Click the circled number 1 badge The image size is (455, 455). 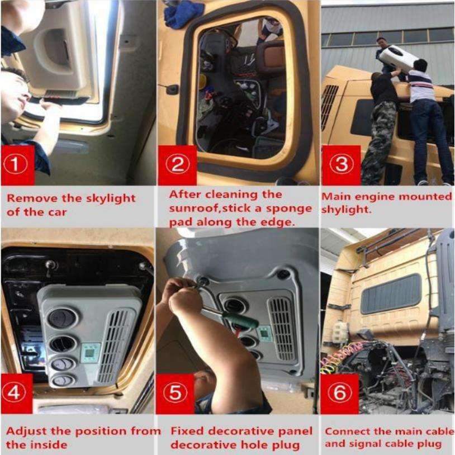pyautogui.click(x=16, y=164)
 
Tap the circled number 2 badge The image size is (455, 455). pyautogui.click(x=178, y=164)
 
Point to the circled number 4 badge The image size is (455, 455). pyautogui.click(x=13, y=392)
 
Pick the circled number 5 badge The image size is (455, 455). pyautogui.click(x=176, y=392)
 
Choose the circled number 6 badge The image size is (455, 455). pyautogui.click(x=339, y=392)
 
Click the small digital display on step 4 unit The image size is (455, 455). pyautogui.click(x=90, y=353)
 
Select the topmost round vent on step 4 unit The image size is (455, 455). pyautogui.click(x=63, y=318)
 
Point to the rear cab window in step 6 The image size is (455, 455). pyautogui.click(x=391, y=294)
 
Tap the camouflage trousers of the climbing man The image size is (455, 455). pyautogui.click(x=378, y=143)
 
